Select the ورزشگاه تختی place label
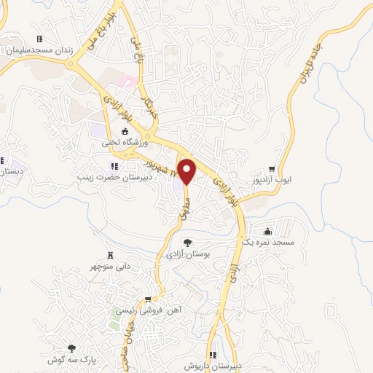pyautogui.click(x=125, y=144)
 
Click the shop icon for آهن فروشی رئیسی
pyautogui.click(x=149, y=299)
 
